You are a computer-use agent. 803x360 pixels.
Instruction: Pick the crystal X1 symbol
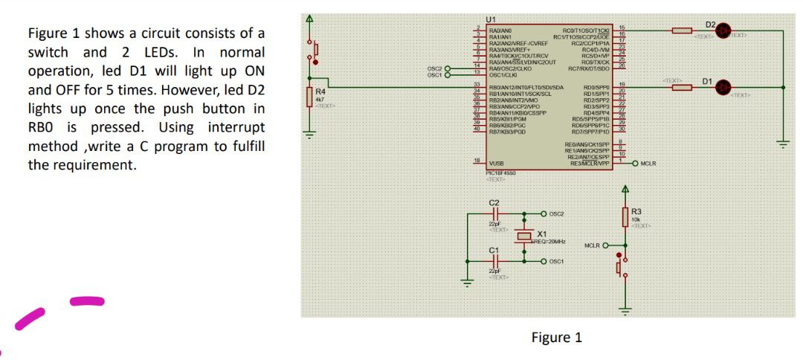(x=525, y=237)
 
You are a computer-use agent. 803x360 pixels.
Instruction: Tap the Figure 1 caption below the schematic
(x=557, y=338)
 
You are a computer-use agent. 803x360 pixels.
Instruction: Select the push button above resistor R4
(x=314, y=51)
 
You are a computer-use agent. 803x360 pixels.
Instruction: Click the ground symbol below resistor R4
(x=311, y=137)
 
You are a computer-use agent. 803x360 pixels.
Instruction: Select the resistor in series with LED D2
(x=683, y=32)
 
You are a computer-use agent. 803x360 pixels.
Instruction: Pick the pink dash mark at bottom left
(x=87, y=301)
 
